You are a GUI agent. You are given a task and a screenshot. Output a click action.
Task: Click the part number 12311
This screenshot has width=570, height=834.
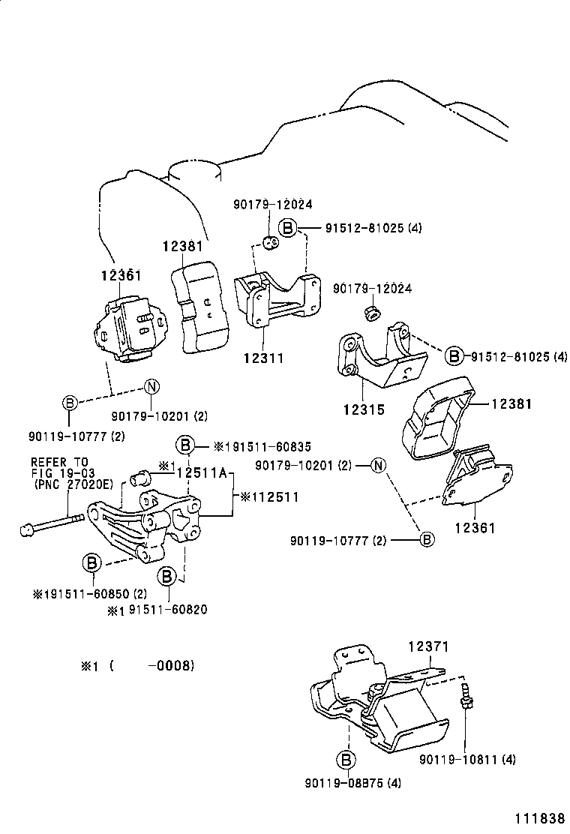tap(263, 359)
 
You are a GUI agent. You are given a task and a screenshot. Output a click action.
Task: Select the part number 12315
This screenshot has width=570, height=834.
tap(364, 410)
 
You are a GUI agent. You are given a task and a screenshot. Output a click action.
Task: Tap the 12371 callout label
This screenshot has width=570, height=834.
tap(428, 646)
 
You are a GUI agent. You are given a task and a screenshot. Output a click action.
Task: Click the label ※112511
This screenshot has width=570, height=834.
tap(269, 496)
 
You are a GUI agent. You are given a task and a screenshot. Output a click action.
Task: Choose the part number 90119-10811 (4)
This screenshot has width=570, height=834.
tap(467, 760)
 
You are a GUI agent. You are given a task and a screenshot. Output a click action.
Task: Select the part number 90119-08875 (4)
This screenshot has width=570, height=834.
tap(352, 784)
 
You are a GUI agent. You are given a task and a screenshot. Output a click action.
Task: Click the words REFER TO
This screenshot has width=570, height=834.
tap(58, 462)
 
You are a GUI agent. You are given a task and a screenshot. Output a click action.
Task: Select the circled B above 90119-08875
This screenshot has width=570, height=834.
tap(346, 760)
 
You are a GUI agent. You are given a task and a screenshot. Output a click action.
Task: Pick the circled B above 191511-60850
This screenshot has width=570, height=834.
tap(91, 562)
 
